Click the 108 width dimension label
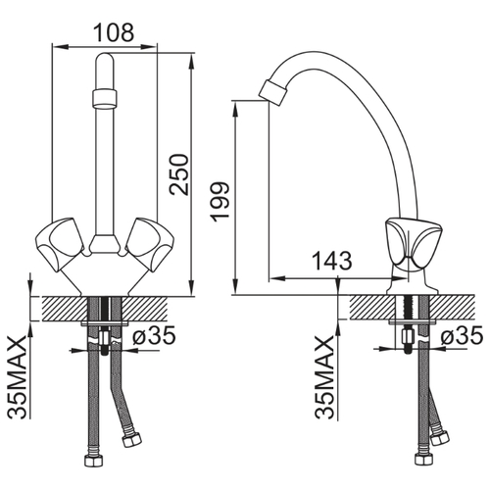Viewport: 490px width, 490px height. click(114, 32)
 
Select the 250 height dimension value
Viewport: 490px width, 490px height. click(178, 174)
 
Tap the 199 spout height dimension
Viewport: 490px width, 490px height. click(220, 202)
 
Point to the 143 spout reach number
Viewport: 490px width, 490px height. click(332, 261)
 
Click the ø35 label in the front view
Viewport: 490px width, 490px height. click(154, 335)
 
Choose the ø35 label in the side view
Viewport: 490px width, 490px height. click(462, 335)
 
